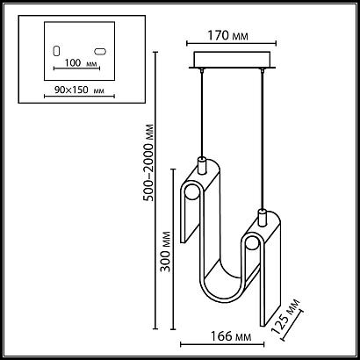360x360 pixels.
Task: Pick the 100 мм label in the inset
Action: point(78,63)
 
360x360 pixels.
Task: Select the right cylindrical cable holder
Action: point(261,218)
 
